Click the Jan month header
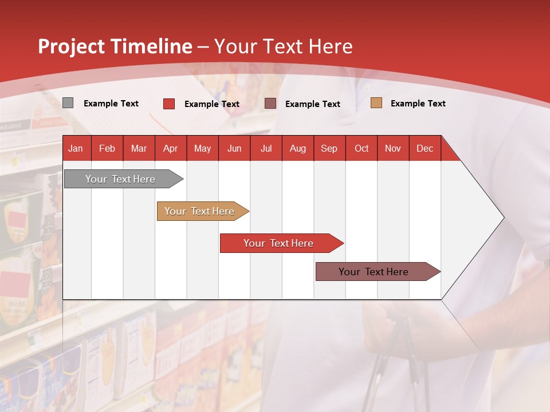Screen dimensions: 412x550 point(76,148)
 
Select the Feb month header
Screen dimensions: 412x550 point(107,148)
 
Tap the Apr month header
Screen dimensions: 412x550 point(170,148)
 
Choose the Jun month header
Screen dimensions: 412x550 point(234,148)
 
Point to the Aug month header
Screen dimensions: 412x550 point(297,148)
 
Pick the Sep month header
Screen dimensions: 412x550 point(329,148)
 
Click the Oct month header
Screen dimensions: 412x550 point(362,148)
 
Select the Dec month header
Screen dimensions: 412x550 point(425,148)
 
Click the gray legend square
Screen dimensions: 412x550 point(68,103)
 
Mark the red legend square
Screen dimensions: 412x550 point(169,104)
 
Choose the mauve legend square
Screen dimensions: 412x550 point(270,104)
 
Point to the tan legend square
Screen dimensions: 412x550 point(376,103)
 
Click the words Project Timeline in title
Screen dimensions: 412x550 point(115,46)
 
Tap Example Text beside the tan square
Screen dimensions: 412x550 point(418,104)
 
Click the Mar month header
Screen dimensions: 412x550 point(139,148)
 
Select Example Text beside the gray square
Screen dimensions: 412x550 point(111,104)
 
